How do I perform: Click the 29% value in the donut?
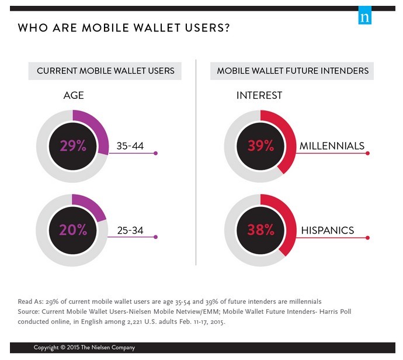point(72,146)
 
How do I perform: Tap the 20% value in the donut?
point(72,230)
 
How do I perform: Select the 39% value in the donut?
point(261,146)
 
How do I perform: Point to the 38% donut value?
point(261,230)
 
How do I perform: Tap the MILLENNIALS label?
point(332,146)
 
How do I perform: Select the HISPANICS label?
point(327,230)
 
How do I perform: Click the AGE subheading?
point(74,95)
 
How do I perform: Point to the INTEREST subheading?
point(259,95)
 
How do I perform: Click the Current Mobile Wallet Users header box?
point(106,71)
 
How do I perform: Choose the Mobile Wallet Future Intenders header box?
point(293,71)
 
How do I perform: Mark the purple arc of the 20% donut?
point(93,207)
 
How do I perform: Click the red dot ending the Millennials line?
point(367,153)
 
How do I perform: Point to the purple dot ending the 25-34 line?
point(156,237)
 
